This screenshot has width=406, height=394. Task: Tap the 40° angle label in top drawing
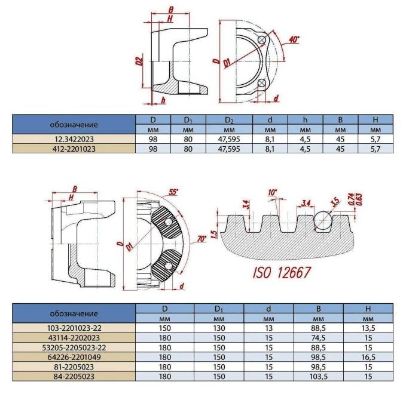point(293,40)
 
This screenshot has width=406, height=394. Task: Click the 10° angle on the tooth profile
point(273,192)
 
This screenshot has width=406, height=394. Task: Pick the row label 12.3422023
point(74,138)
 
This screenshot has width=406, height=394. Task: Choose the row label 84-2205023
point(74,377)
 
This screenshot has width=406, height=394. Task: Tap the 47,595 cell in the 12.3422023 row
point(229,138)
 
